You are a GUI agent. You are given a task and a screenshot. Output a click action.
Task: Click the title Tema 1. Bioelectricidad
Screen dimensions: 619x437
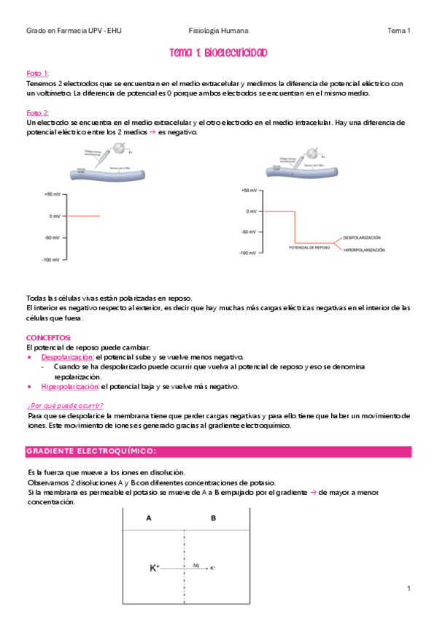tap(218, 53)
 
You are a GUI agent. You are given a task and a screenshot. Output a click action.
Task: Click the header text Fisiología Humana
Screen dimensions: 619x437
tap(218, 31)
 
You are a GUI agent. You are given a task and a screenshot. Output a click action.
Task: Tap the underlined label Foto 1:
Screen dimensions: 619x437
tap(37, 74)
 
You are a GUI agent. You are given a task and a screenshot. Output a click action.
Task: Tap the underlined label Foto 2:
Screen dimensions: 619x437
tap(37, 113)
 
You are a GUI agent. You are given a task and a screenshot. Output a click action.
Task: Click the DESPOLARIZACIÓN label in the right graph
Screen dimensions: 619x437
tap(363, 238)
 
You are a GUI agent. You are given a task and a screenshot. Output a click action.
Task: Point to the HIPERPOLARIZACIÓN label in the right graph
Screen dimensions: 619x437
tap(364, 250)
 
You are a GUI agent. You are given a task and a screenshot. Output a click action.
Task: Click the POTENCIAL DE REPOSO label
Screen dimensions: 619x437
tap(309, 247)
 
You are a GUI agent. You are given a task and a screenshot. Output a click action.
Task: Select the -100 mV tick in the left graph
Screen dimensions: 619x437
tap(51, 260)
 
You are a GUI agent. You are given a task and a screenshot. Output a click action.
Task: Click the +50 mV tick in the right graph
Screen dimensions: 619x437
tap(250, 191)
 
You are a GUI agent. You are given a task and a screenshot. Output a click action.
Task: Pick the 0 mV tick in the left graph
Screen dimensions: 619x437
tap(55, 216)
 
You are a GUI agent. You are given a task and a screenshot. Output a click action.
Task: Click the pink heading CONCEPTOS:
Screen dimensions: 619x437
tap(48, 338)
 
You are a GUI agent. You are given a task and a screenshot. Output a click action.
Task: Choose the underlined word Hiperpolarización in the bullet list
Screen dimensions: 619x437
tap(70, 386)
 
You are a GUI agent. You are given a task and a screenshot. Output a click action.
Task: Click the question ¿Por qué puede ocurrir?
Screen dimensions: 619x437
tap(64, 405)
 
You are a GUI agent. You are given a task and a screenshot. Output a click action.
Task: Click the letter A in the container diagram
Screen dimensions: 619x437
tap(149, 518)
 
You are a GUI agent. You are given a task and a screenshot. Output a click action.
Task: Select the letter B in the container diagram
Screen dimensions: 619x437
tap(214, 518)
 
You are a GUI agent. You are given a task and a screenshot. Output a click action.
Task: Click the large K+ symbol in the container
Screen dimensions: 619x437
tap(155, 567)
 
